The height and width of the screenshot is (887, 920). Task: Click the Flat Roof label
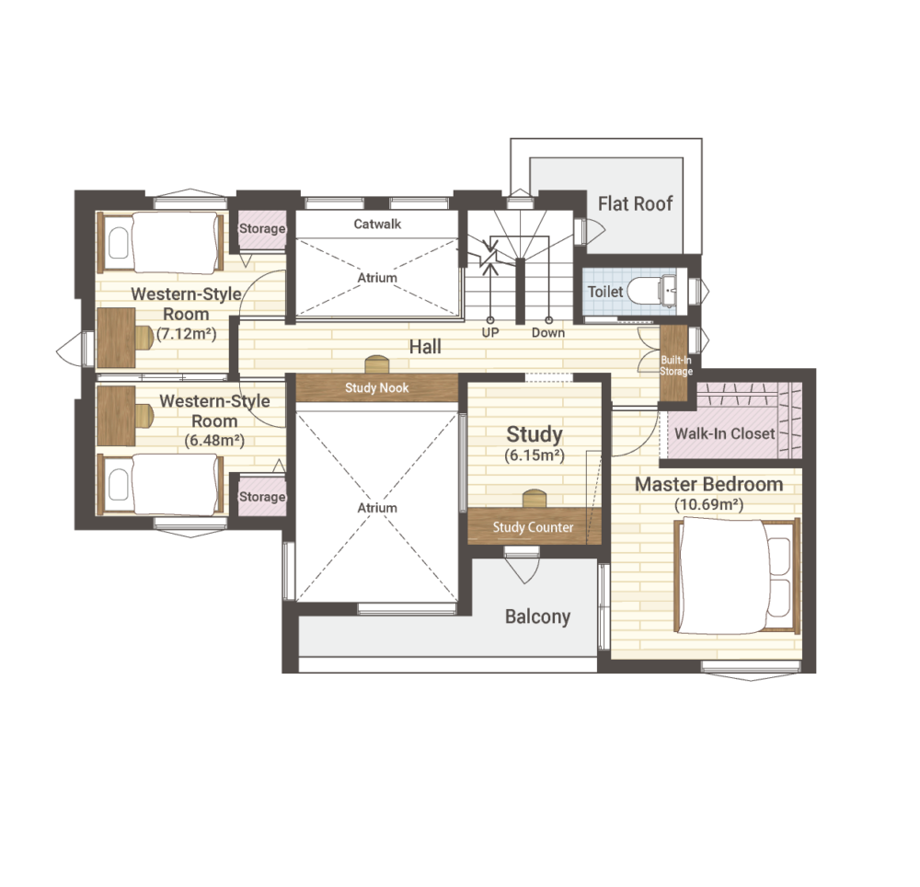pos(635,204)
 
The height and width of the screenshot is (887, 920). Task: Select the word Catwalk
pos(377,225)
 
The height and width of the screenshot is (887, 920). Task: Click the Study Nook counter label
pos(376,387)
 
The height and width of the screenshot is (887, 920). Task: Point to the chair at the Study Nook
pos(376,364)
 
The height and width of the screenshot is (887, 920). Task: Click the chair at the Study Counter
pos(535,499)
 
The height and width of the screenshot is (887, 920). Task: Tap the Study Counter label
pos(533,527)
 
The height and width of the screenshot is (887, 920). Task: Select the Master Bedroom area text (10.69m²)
pos(708,504)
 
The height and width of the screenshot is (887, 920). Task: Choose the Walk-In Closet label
pos(725,433)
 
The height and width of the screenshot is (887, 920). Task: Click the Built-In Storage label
pos(676,366)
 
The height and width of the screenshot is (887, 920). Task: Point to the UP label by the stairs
pos(490,333)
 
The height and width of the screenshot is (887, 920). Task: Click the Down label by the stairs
pos(548,333)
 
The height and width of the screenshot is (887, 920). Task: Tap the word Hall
pos(425,347)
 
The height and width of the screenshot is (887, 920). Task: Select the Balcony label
pos(537,617)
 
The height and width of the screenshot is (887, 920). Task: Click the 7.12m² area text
pos(187,334)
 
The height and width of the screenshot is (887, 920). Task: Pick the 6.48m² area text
pos(214,441)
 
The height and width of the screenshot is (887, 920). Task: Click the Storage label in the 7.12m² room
pos(262,228)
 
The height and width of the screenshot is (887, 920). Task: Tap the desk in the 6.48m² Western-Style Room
pos(116,415)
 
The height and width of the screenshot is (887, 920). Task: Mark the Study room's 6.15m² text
pos(535,455)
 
